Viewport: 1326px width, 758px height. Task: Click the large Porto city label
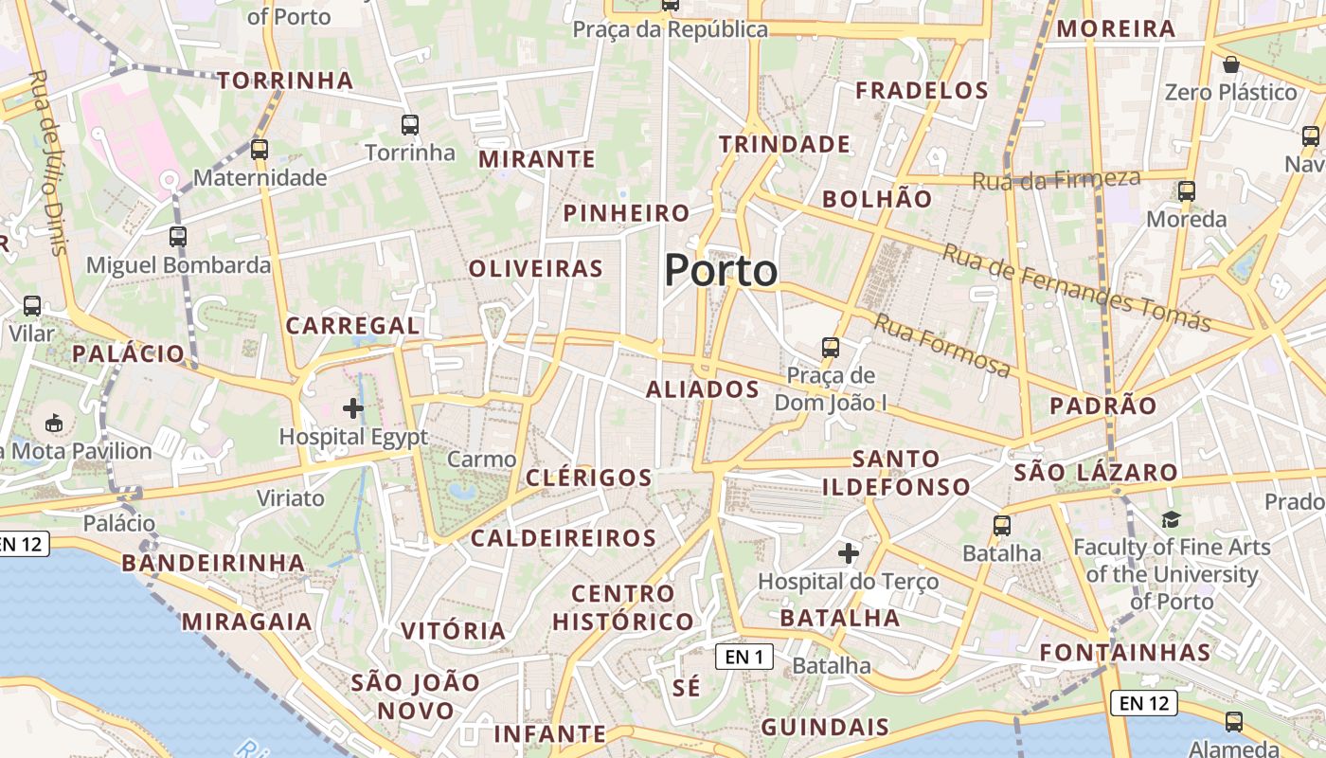[x=721, y=271]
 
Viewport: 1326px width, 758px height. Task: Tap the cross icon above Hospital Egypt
[x=353, y=408]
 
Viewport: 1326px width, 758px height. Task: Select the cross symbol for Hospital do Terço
[x=849, y=552]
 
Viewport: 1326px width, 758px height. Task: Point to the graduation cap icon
[x=1172, y=519]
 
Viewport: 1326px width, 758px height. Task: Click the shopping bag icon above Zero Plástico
[x=1230, y=64]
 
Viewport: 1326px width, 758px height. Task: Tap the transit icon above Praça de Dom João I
[x=831, y=347]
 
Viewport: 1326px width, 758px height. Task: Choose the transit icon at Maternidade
[x=259, y=149]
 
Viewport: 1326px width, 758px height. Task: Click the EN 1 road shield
[x=744, y=656]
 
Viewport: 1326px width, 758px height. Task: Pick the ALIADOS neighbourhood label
[x=702, y=389]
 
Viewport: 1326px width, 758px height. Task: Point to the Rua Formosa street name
[x=941, y=345]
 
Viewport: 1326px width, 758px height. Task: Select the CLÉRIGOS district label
[x=588, y=478]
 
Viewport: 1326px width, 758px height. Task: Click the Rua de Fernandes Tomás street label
[x=1076, y=288]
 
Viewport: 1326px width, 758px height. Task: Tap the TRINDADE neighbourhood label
[x=784, y=144]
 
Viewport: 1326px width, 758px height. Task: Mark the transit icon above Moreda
[x=1186, y=191]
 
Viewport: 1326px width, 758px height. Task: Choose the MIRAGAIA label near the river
[x=246, y=622]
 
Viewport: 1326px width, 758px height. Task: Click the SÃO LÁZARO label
[x=1095, y=472]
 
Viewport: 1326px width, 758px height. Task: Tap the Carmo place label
[x=481, y=460]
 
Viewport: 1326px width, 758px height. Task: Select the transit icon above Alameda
[x=1233, y=721]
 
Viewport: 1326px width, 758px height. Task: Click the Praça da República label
[x=670, y=29]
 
